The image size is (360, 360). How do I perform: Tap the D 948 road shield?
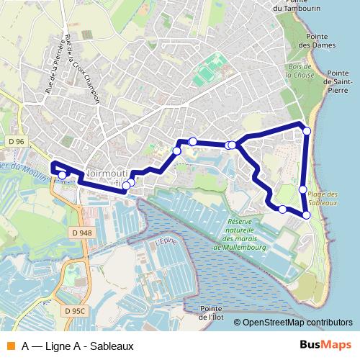[81, 233]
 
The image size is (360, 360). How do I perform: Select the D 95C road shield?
[73, 311]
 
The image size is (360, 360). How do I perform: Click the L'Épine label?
[166, 245]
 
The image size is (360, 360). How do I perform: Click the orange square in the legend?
[11, 346]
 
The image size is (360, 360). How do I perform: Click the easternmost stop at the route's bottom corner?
[307, 215]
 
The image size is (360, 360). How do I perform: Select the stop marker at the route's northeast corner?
[307, 130]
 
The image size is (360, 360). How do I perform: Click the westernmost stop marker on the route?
[62, 174]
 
